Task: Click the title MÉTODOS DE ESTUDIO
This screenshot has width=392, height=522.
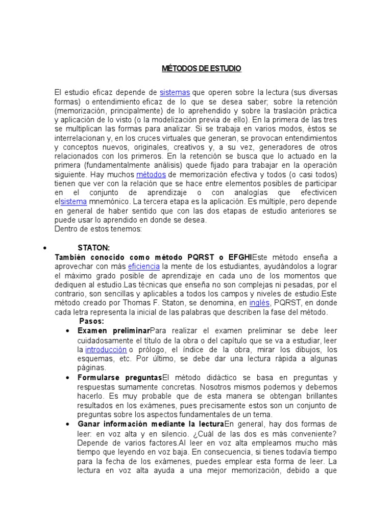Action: (x=202, y=68)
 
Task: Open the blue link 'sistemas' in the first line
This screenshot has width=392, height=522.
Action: (x=175, y=92)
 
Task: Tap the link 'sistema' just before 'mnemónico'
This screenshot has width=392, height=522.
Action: (x=73, y=201)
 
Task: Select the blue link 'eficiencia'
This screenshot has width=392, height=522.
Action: (x=144, y=267)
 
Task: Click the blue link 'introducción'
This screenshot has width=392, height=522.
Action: (x=106, y=350)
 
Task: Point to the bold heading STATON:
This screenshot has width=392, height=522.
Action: (x=93, y=248)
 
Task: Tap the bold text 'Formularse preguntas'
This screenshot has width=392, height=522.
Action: (x=119, y=378)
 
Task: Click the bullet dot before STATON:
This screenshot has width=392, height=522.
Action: (x=46, y=248)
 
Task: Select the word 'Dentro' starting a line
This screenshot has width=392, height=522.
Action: (x=65, y=229)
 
